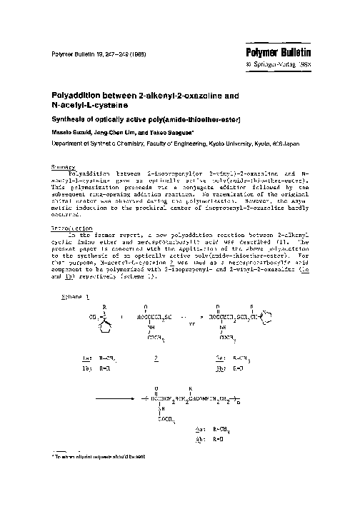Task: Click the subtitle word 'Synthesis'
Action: (68, 118)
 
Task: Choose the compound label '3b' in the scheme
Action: (222, 370)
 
